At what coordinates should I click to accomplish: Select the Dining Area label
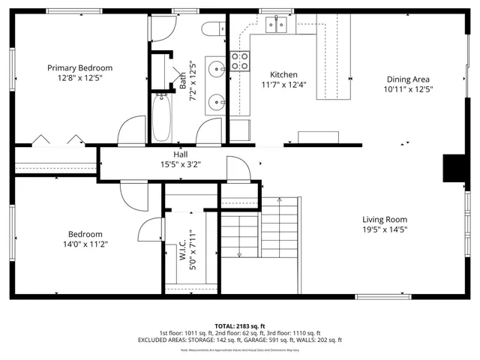click(408, 79)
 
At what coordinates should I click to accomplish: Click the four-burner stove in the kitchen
click(239, 61)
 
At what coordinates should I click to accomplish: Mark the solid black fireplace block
click(453, 168)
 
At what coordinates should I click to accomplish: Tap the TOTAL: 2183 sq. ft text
click(240, 325)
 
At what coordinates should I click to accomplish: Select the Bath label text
click(182, 80)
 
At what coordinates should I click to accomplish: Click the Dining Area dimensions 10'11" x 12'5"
click(408, 89)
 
